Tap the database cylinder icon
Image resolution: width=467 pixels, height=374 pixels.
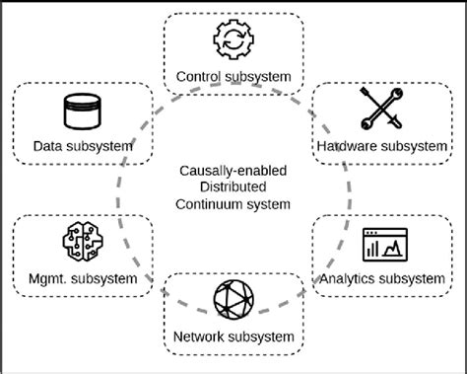click(83, 112)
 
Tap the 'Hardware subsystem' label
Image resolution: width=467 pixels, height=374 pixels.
click(381, 146)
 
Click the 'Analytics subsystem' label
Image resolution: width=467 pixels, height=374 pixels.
click(381, 278)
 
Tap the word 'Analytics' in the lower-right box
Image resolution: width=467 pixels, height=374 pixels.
click(347, 278)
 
